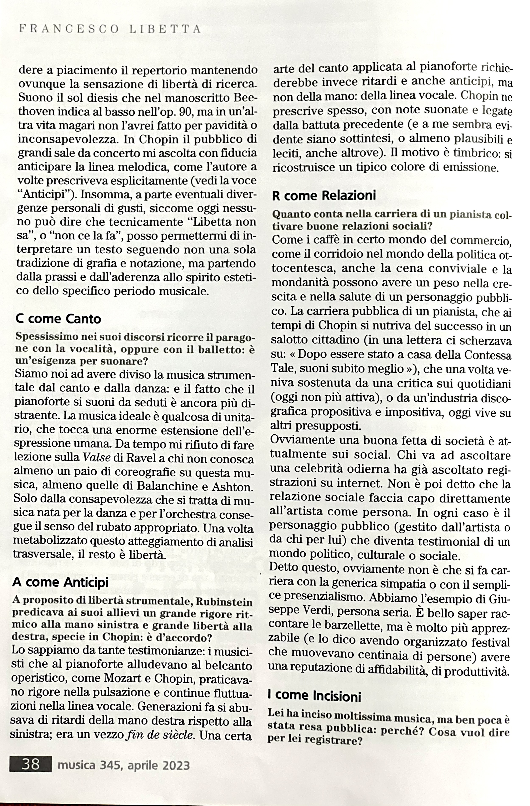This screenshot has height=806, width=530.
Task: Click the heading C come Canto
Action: click(58, 319)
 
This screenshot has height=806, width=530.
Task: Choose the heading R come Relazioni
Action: click(324, 196)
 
